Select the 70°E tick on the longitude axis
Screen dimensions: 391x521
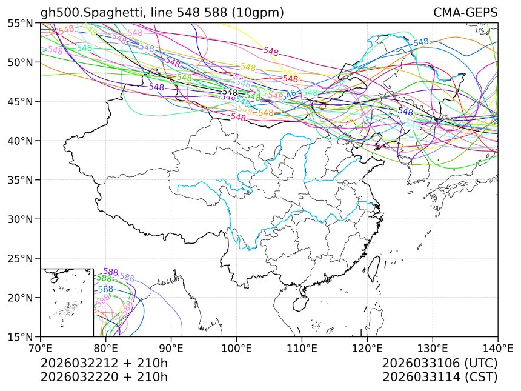pos(41,349)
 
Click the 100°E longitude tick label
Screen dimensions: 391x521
pos(236,349)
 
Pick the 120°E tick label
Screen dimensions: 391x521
pos(367,349)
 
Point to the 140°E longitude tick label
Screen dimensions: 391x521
pos(497,349)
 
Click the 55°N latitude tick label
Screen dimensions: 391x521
pos(21,23)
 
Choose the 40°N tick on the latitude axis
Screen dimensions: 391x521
pos(21,141)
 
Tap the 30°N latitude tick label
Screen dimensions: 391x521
pos(21,219)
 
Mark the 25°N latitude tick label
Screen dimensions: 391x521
pos(21,258)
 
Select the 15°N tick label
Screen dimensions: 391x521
pos(21,336)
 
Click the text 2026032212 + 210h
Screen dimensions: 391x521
pos(104,364)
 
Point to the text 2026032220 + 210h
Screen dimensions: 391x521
pos(104,377)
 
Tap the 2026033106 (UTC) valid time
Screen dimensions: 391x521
pos(440,364)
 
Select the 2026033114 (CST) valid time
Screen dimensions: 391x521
pos(440,377)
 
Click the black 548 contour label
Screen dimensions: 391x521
pos(230,92)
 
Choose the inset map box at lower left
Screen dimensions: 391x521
pos(67,302)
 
